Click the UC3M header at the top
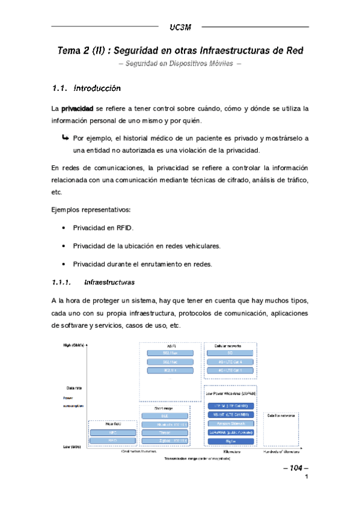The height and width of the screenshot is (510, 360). tap(180, 27)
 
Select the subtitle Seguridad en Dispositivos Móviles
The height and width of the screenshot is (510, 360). tap(180, 64)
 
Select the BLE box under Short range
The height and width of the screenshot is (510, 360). tap(165, 416)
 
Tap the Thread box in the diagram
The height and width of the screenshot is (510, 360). tap(165, 432)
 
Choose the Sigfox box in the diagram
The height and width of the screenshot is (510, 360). tap(230, 441)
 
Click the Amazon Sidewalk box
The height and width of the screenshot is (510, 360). tap(230, 423)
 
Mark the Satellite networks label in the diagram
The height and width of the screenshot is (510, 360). tap(281, 416)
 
